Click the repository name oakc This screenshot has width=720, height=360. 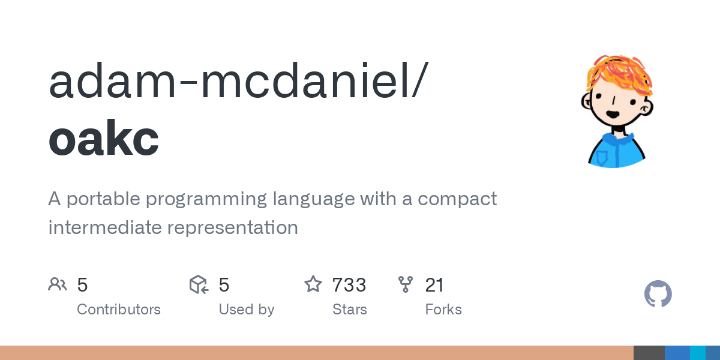click(103, 137)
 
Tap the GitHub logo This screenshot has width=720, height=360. click(658, 294)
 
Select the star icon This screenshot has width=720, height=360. click(313, 284)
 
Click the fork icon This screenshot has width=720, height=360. click(406, 284)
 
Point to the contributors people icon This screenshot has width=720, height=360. click(58, 284)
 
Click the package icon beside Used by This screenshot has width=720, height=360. click(199, 284)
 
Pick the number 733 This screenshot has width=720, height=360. click(349, 285)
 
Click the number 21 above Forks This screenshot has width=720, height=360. click(434, 285)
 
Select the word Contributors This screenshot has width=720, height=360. click(119, 310)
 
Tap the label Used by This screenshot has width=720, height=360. click(247, 310)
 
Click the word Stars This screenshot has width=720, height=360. click(350, 310)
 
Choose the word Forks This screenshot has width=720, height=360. click(443, 310)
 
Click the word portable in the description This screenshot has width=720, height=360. click(103, 199)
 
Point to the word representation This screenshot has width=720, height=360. click(233, 227)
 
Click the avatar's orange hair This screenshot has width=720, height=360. click(619, 74)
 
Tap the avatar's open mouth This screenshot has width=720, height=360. click(613, 114)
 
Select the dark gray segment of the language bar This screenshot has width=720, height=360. click(649, 353)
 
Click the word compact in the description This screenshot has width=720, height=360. click(457, 199)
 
